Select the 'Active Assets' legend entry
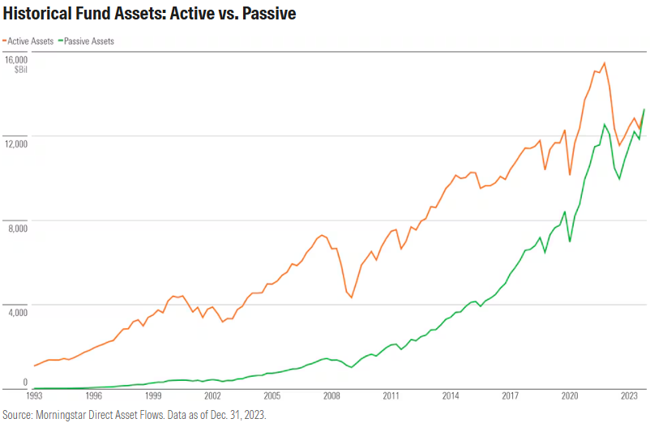click(29, 41)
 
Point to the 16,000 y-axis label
click(15, 60)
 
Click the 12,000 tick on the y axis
click(15, 143)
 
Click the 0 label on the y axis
click(25, 382)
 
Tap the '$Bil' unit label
click(20, 70)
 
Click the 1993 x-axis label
click(35, 397)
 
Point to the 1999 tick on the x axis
click(153, 397)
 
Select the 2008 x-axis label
click(331, 397)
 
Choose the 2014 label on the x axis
click(451, 397)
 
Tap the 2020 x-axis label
click(570, 397)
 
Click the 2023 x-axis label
click(629, 397)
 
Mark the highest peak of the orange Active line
click(604, 63)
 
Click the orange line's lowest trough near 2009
click(351, 297)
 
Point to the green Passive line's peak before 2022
click(604, 124)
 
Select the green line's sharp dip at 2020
click(570, 241)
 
